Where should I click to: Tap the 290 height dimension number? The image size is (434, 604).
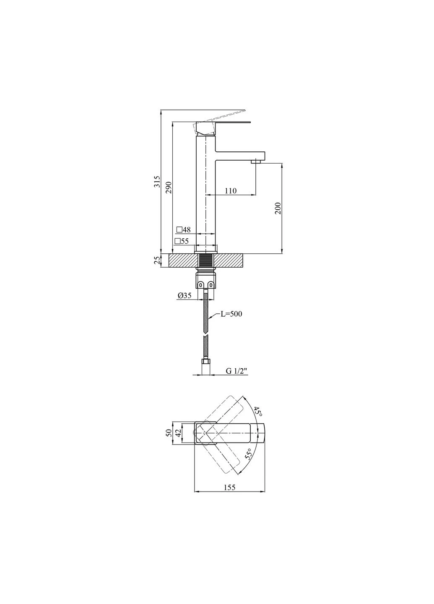click(169, 187)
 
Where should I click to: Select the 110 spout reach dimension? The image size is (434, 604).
click(231, 191)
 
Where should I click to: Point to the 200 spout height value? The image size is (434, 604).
click(278, 208)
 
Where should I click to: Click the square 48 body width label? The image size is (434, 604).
click(184, 230)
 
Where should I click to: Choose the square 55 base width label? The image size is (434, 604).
click(182, 241)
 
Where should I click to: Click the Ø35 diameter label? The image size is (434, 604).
click(185, 296)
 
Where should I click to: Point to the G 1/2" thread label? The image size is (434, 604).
click(236, 371)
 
